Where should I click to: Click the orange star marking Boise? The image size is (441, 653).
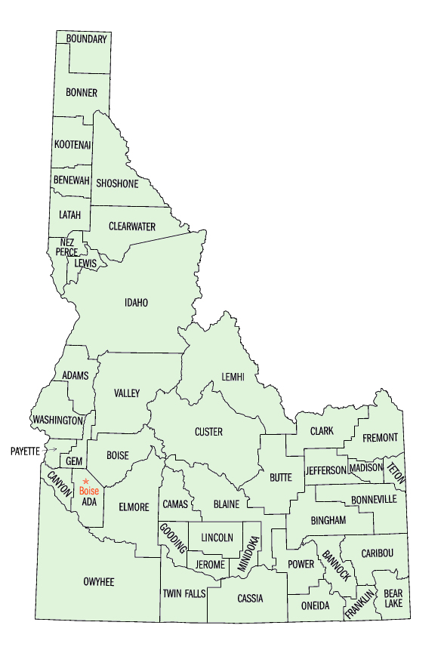coord(86,481)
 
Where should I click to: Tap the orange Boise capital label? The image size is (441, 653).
coord(88,491)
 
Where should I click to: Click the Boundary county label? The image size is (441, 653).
coord(87,39)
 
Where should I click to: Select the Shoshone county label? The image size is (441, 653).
coord(117,183)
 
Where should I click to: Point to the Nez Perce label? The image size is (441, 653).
coord(66,247)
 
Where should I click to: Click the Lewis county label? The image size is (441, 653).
coord(85,263)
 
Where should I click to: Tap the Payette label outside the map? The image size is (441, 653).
coord(24,451)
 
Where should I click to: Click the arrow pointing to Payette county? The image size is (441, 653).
coord(51,450)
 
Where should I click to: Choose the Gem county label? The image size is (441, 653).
coord(73,461)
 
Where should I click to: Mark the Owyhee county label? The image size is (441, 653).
coord(99,581)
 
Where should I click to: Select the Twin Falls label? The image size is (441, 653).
coord(183,594)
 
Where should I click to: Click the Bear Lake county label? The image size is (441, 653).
coord(393,599)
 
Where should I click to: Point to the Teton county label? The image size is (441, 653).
coord(396,472)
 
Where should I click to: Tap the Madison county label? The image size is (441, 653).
coord(366,468)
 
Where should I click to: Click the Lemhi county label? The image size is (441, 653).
coord(233,377)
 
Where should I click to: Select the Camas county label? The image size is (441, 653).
coord(174,504)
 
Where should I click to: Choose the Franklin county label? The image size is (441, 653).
coord(360,604)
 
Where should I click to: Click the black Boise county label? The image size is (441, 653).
coord(117,455)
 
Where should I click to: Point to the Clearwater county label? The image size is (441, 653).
coord(132,226)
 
